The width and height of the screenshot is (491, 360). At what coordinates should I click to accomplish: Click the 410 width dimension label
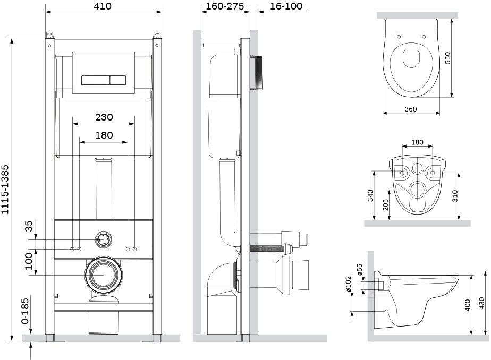tap(103, 6)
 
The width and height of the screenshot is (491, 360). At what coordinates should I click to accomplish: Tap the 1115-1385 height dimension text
tap(5, 190)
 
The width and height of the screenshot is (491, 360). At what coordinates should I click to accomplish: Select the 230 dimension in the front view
tap(104, 117)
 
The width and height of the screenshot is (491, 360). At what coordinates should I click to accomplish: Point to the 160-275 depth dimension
tap(225, 6)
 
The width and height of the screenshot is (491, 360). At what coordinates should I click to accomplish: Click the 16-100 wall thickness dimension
tap(286, 6)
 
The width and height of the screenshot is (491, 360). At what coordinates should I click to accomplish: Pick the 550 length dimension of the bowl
tap(448, 58)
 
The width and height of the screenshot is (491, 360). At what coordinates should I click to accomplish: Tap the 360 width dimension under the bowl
tap(411, 109)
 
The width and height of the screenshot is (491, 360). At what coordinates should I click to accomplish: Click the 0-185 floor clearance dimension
tap(25, 311)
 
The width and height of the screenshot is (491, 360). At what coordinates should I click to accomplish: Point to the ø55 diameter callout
tap(359, 270)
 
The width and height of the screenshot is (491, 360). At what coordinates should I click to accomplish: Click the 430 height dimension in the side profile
tap(482, 303)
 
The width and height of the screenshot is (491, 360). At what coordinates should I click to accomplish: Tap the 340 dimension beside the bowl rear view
tap(370, 195)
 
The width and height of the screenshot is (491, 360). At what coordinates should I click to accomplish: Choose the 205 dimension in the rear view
tap(385, 205)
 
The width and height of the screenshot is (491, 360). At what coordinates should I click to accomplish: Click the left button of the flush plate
tap(96, 80)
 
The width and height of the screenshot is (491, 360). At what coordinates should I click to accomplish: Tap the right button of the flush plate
tap(118, 80)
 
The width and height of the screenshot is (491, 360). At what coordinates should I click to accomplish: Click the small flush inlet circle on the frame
tap(103, 239)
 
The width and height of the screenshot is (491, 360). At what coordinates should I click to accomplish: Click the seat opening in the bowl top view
tap(411, 58)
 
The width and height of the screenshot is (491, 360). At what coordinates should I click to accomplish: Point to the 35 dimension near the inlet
tap(29, 226)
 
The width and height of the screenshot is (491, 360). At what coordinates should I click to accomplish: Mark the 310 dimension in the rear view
tap(455, 195)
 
